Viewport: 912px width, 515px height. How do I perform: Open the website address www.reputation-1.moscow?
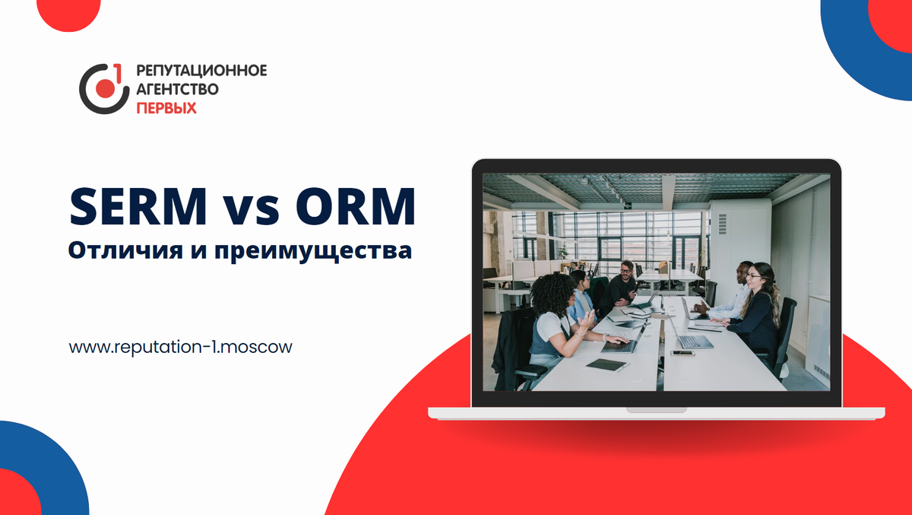(180, 347)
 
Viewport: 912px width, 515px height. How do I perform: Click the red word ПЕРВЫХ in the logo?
(166, 108)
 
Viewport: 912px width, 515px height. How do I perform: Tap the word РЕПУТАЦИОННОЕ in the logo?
(201, 72)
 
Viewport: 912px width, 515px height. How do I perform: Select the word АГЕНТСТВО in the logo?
(177, 90)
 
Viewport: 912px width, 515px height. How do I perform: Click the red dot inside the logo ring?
(104, 89)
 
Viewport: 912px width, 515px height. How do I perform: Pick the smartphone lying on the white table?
(682, 353)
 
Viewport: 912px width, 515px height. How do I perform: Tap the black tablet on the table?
(607, 365)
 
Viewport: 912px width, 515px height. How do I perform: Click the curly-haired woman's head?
(552, 293)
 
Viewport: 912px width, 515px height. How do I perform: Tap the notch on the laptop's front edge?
(656, 409)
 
